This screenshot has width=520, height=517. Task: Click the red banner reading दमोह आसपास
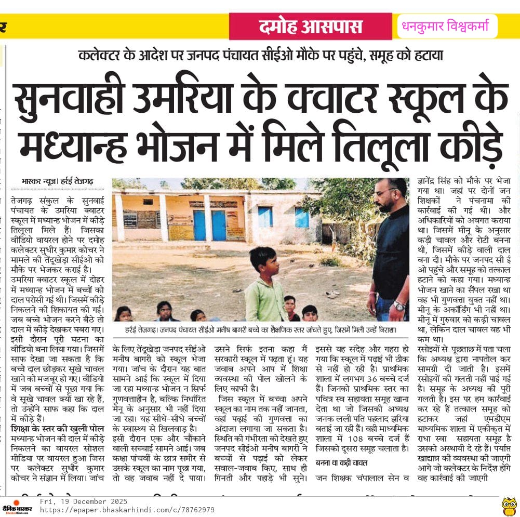pyautogui.click(x=311, y=26)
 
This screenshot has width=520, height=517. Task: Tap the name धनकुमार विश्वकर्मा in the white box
pyautogui.click(x=447, y=26)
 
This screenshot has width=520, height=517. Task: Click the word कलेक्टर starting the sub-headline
pyautogui.click(x=99, y=56)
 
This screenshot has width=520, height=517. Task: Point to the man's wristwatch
pyautogui.click(x=399, y=306)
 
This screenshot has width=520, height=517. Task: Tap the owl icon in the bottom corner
pyautogui.click(x=509, y=506)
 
